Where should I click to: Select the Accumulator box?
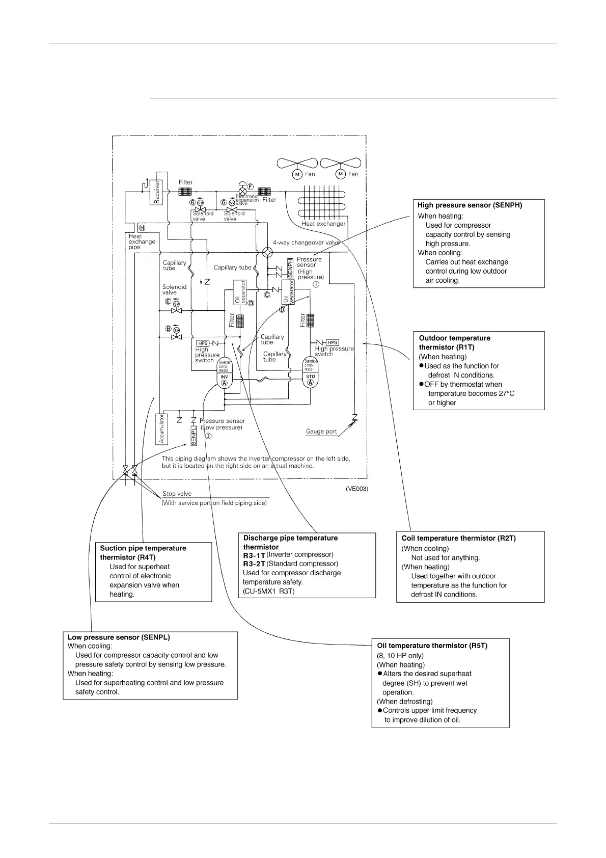click(161, 428)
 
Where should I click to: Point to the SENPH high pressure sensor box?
click(290, 267)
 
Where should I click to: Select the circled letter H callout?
click(142, 228)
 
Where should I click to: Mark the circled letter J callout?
click(208, 436)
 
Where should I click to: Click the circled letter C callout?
click(266, 294)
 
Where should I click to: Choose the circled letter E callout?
click(168, 301)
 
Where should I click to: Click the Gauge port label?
click(321, 432)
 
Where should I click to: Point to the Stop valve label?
click(177, 494)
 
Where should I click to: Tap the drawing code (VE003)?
click(356, 489)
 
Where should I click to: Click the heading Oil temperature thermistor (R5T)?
click(432, 646)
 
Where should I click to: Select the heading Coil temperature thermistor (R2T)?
click(458, 538)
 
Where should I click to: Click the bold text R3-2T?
click(254, 564)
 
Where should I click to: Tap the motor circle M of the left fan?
click(297, 174)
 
